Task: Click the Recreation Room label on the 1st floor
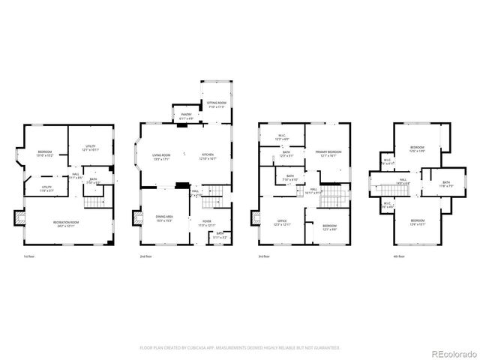coord(67,224)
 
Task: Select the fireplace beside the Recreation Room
coord(20,217)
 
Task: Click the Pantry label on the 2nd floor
coord(186,116)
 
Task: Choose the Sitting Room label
coord(216,105)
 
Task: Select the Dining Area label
coord(163,218)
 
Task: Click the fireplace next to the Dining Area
coord(137,219)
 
